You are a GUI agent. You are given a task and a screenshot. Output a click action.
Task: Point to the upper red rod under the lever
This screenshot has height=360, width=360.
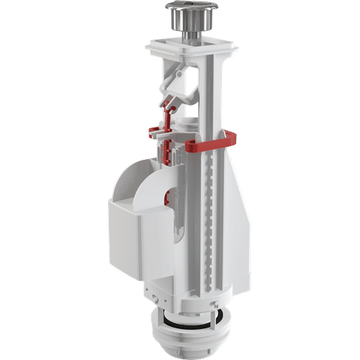click(x=168, y=115)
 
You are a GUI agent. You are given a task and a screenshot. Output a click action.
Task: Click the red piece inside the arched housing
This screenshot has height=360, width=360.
click(x=171, y=193)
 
